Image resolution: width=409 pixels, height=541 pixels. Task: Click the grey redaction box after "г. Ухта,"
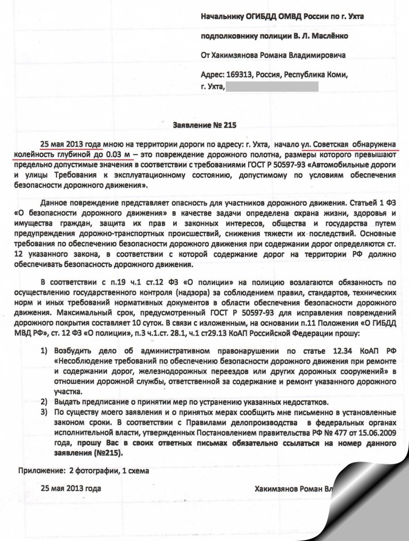point(272,86)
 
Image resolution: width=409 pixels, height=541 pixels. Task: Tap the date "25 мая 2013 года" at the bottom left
point(71,488)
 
